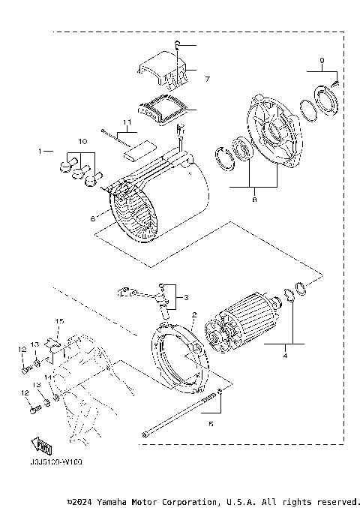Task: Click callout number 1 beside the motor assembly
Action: pyautogui.click(x=41, y=151)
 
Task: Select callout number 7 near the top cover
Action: pyautogui.click(x=208, y=79)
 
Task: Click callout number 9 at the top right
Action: pyautogui.click(x=322, y=60)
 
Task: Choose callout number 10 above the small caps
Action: pyautogui.click(x=82, y=142)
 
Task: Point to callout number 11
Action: pyautogui.click(x=127, y=122)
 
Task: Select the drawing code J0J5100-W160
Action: pyautogui.click(x=55, y=462)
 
